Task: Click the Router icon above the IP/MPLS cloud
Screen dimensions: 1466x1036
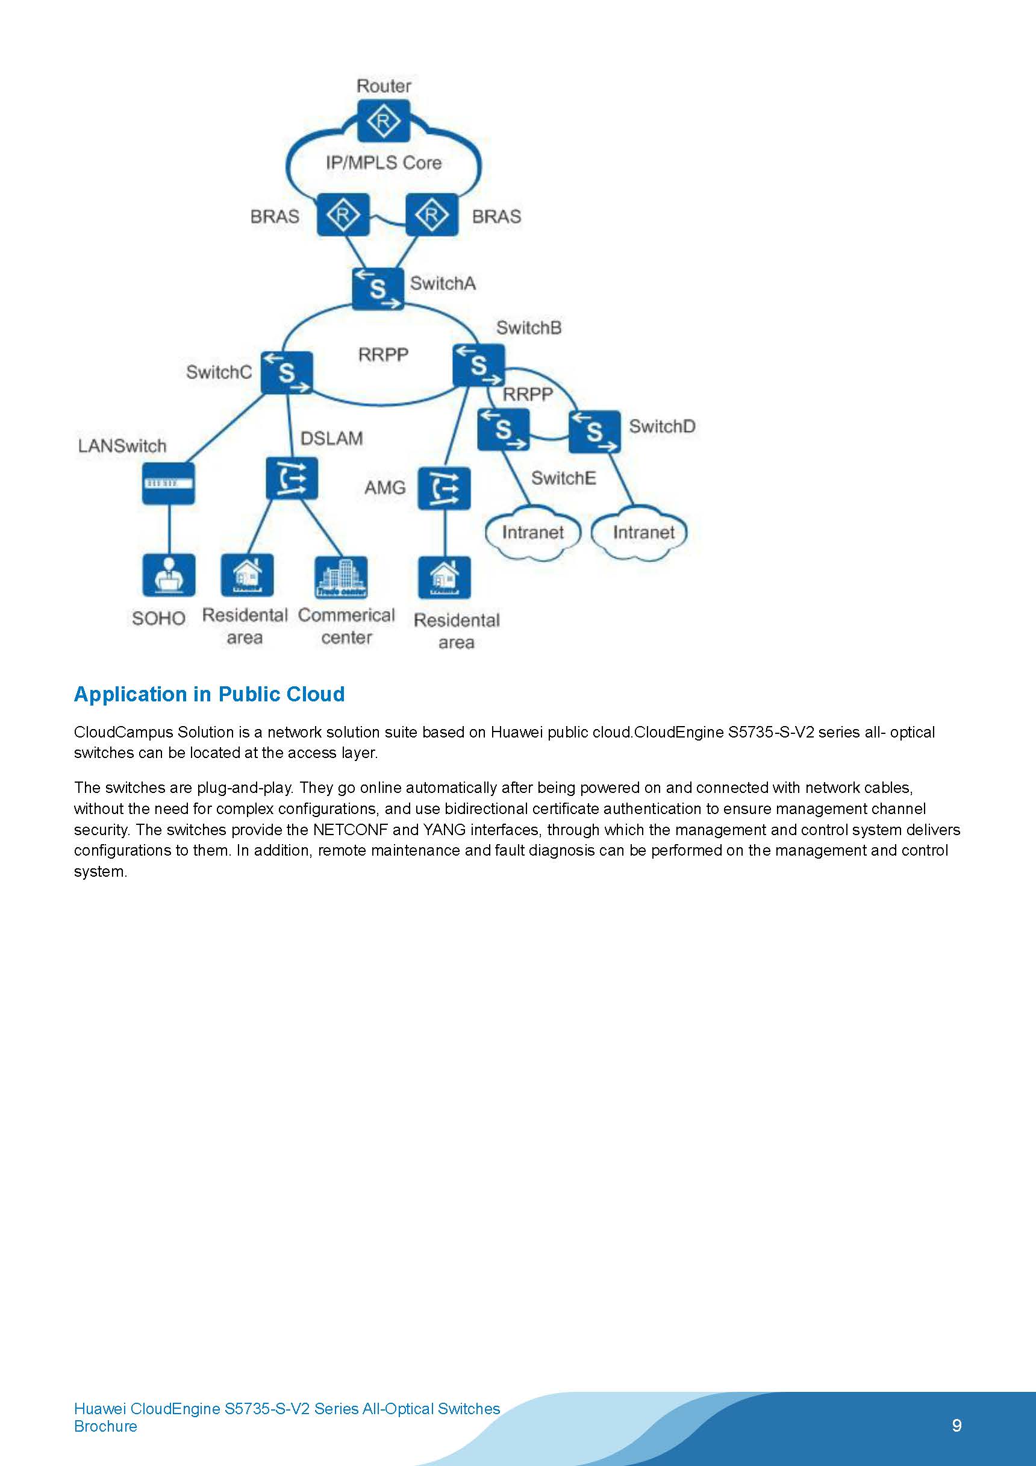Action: (383, 121)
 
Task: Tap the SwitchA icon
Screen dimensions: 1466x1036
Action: (378, 289)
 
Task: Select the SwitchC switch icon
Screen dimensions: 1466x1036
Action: (287, 372)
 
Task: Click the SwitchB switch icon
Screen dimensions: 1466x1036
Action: (479, 365)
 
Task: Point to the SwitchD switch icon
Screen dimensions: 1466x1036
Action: (594, 431)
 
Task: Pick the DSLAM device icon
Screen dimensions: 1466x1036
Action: (292, 478)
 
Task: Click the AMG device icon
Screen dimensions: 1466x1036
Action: (445, 489)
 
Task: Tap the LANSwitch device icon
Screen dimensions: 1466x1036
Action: (169, 483)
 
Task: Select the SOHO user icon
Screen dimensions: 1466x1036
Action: (169, 575)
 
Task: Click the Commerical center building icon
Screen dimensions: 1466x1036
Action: (342, 577)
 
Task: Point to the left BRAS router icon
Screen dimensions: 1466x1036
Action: (343, 215)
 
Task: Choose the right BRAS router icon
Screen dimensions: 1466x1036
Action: (432, 215)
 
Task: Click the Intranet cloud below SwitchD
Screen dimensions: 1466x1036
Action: (640, 533)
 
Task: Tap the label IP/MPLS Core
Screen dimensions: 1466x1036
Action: (384, 163)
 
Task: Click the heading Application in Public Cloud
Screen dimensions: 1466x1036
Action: (210, 694)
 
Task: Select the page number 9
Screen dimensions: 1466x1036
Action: (956, 1425)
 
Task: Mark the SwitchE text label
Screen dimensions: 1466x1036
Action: (564, 478)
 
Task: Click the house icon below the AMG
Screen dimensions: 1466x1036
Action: (445, 577)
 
